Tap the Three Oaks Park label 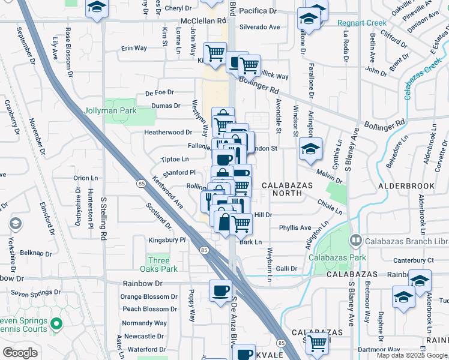159,265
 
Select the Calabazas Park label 337,257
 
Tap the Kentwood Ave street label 167,193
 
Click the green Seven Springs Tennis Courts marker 57,325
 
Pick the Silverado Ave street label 260,28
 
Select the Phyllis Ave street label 295,228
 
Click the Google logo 20,352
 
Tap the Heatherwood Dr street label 167,132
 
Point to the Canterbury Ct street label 413,260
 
